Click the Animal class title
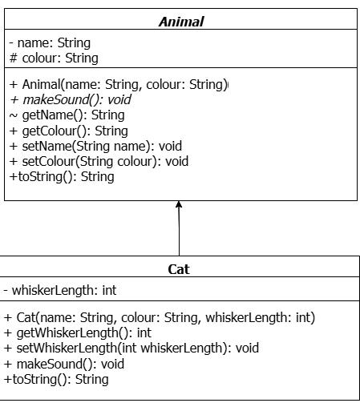pyautogui.click(x=181, y=22)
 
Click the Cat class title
pyautogui.click(x=179, y=269)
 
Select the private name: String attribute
pyautogui.click(x=50, y=43)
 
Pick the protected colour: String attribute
pyautogui.click(x=54, y=58)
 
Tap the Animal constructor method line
pyautogui.click(x=119, y=85)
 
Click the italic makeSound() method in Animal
pyautogui.click(x=71, y=100)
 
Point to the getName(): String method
pyautogui.click(x=67, y=115)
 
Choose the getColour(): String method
pyautogui.click(x=69, y=131)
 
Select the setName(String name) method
pyautogui.click(x=95, y=147)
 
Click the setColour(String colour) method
pyautogui.click(x=99, y=162)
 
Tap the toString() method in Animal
pyautogui.click(x=62, y=177)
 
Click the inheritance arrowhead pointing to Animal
pyautogui.click(x=179, y=204)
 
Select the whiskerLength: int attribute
pyautogui.click(x=60, y=290)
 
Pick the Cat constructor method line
pyautogui.click(x=160, y=317)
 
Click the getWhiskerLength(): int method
pyautogui.click(x=78, y=333)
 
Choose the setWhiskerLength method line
pyautogui.click(x=131, y=349)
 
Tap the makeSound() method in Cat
pyautogui.click(x=64, y=364)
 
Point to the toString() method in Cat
pyautogui.click(x=56, y=379)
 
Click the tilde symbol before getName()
pyautogui.click(x=14, y=115)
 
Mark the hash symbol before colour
pyautogui.click(x=14, y=58)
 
